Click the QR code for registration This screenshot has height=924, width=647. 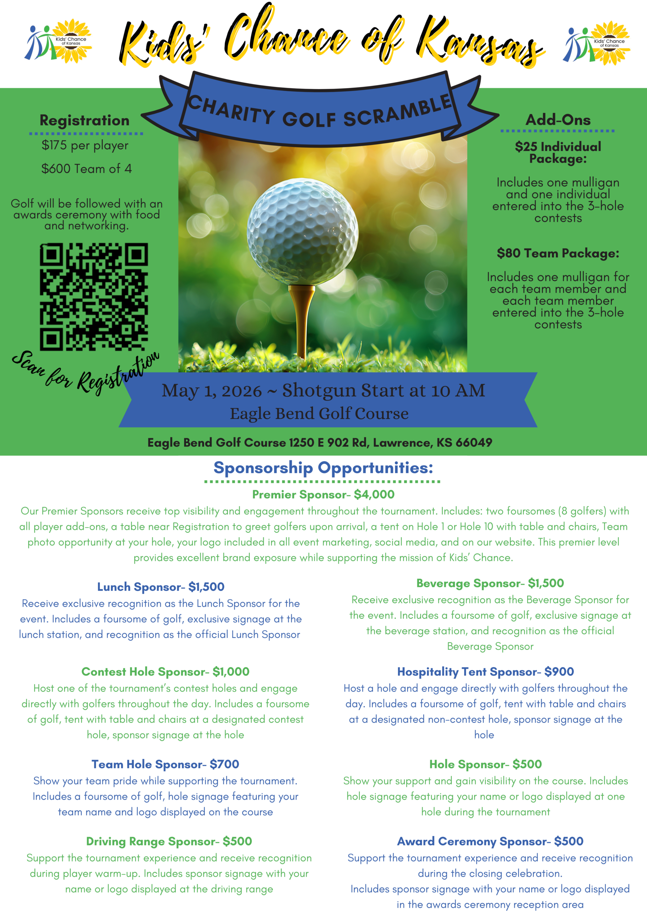[94, 297]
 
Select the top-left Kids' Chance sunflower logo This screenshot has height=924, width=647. [59, 41]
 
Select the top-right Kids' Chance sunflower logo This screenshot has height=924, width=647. [597, 43]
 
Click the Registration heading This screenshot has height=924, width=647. [84, 120]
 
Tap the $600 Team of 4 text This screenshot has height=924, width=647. [86, 168]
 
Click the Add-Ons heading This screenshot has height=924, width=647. [557, 119]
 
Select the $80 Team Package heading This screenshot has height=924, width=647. [557, 253]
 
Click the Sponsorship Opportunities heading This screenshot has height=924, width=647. [323, 468]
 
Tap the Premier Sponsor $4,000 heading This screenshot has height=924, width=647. [323, 494]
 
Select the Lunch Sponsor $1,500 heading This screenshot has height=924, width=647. [161, 587]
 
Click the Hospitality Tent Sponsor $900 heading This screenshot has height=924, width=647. [485, 671]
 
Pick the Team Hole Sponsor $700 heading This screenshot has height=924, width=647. [165, 764]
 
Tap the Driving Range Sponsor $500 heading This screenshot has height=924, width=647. [169, 841]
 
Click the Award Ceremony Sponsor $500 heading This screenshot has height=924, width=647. [490, 841]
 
